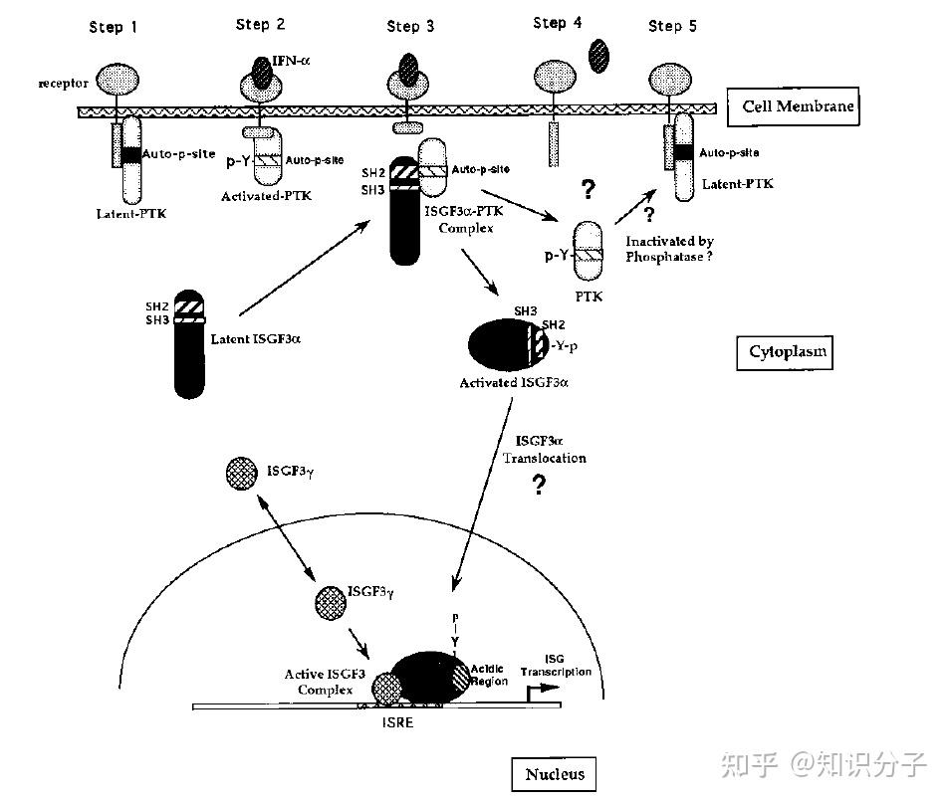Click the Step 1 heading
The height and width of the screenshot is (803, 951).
pos(113,27)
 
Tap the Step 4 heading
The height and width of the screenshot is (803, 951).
pos(557,23)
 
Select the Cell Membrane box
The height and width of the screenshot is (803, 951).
pos(794,106)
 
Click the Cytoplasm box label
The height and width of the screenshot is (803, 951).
pos(785,352)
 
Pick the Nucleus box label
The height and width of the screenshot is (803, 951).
pos(554,774)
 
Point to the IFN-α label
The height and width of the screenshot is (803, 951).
pos(291,61)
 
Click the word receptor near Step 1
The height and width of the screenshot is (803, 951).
pos(63,83)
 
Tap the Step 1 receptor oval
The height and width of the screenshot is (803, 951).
pos(118,80)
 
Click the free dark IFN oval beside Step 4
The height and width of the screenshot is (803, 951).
pos(598,56)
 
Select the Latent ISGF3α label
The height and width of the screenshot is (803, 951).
pos(255,339)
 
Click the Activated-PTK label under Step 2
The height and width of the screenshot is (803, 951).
pos(266,196)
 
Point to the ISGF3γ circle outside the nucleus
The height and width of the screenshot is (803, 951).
pos(241,474)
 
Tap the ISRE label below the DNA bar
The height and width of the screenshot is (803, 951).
pos(397,722)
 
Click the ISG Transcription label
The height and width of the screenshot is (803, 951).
pos(555,666)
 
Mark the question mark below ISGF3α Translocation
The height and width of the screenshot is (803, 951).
pos(539,485)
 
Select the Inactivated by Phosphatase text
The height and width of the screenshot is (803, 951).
pos(669,249)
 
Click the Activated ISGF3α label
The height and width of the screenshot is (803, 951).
pos(514,382)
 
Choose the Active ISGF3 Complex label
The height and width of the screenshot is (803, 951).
pos(325,682)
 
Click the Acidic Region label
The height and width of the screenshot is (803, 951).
pos(489,675)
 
